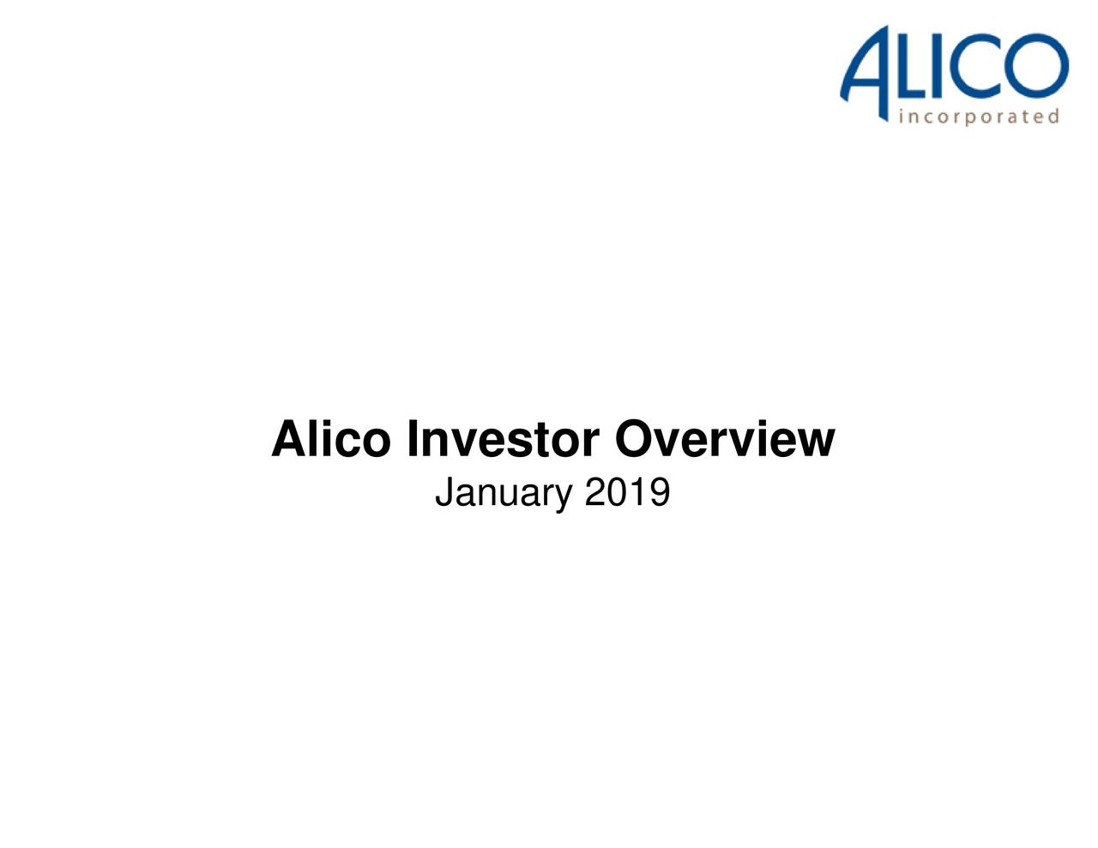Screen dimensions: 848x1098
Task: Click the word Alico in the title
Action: click(329, 439)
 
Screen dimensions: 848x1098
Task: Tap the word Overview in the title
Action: click(724, 439)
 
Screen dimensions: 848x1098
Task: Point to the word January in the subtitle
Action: click(504, 494)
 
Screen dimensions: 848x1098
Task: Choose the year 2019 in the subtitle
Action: click(627, 493)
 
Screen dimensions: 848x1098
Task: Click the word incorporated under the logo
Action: click(979, 117)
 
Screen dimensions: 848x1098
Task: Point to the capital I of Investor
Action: click(413, 439)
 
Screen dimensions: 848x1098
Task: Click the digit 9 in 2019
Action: click(659, 493)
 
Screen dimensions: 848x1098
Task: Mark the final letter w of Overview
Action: click(816, 443)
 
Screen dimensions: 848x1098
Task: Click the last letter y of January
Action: click(562, 497)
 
